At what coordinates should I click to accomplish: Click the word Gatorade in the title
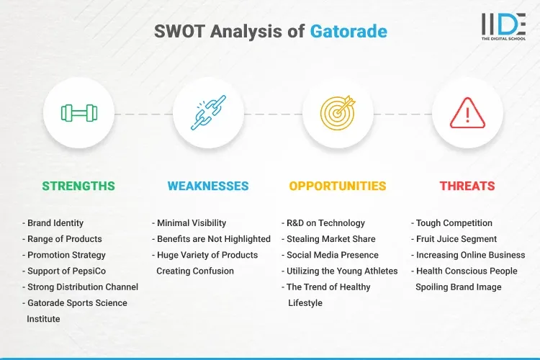(x=348, y=32)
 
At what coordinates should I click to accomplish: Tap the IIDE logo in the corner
(x=503, y=26)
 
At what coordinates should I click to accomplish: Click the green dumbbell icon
(x=78, y=112)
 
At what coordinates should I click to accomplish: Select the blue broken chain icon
(x=208, y=112)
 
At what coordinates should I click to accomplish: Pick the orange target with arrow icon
(x=338, y=112)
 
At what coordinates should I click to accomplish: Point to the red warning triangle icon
(x=467, y=112)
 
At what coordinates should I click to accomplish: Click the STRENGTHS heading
(x=78, y=186)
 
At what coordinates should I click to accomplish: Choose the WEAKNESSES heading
(x=208, y=186)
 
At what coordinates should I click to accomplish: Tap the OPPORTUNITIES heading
(x=338, y=186)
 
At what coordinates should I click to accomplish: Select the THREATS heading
(x=467, y=186)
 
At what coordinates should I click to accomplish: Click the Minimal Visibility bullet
(x=189, y=223)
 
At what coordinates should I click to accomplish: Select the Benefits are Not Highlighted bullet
(x=211, y=239)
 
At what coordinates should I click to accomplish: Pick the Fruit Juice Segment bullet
(x=454, y=239)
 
